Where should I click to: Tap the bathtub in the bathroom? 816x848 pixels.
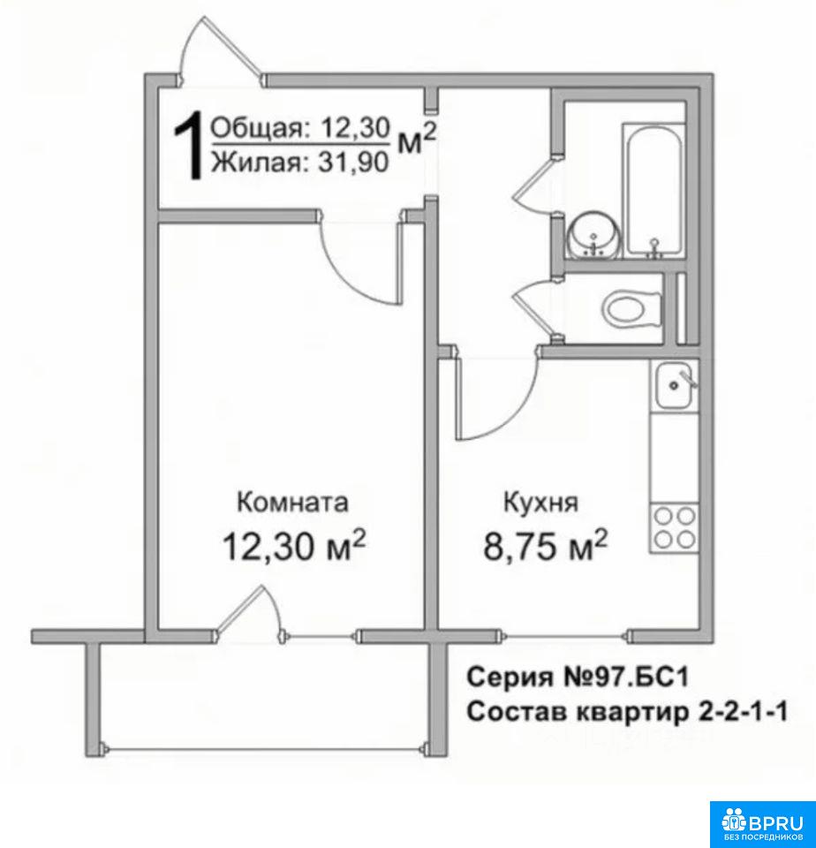click(654, 191)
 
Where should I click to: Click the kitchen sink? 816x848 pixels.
click(674, 386)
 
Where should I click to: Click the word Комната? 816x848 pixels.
click(292, 503)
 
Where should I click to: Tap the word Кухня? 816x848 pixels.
click(540, 503)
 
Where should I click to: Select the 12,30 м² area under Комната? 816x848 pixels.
click(294, 545)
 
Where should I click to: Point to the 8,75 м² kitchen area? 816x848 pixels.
click(545, 545)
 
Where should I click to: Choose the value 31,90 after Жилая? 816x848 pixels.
click(353, 162)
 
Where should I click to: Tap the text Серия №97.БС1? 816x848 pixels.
click(578, 677)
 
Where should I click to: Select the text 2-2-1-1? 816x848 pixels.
click(740, 711)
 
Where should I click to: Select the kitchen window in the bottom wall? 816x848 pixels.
click(564, 636)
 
